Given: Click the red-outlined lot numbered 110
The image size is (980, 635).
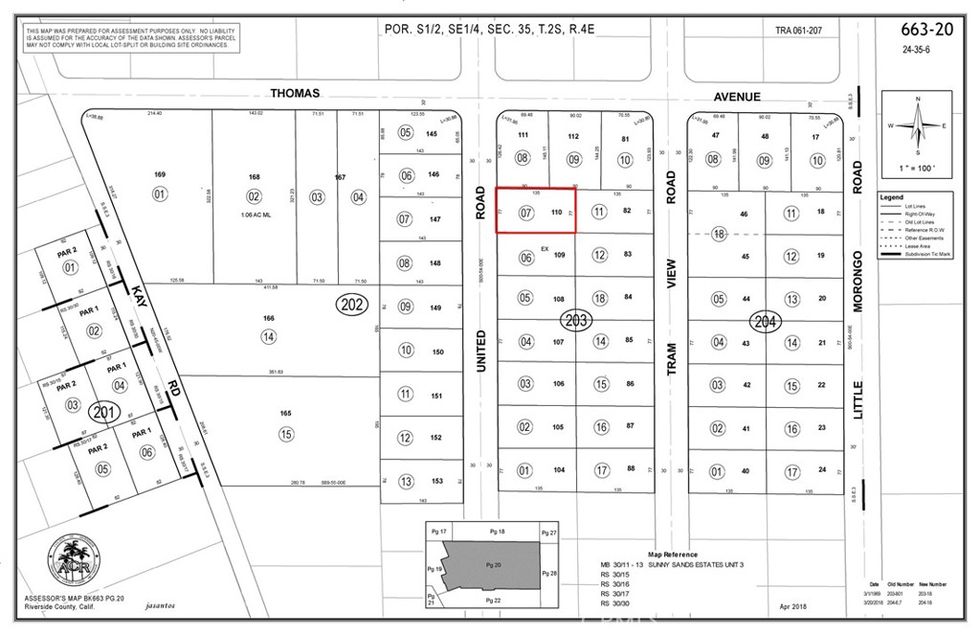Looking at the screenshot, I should [533, 211].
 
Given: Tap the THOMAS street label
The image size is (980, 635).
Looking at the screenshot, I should [294, 94].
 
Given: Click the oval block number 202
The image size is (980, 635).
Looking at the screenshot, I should [350, 306].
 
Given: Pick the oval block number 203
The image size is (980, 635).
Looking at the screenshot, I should [576, 319].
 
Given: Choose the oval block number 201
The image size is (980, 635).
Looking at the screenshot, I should [103, 413].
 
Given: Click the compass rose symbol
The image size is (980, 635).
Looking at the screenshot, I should [917, 127].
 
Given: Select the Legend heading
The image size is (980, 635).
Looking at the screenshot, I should [892, 197].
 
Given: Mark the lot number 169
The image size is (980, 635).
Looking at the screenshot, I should [160, 174].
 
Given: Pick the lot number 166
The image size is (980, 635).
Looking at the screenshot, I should [269, 318].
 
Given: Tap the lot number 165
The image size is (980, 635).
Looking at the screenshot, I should [285, 413].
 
